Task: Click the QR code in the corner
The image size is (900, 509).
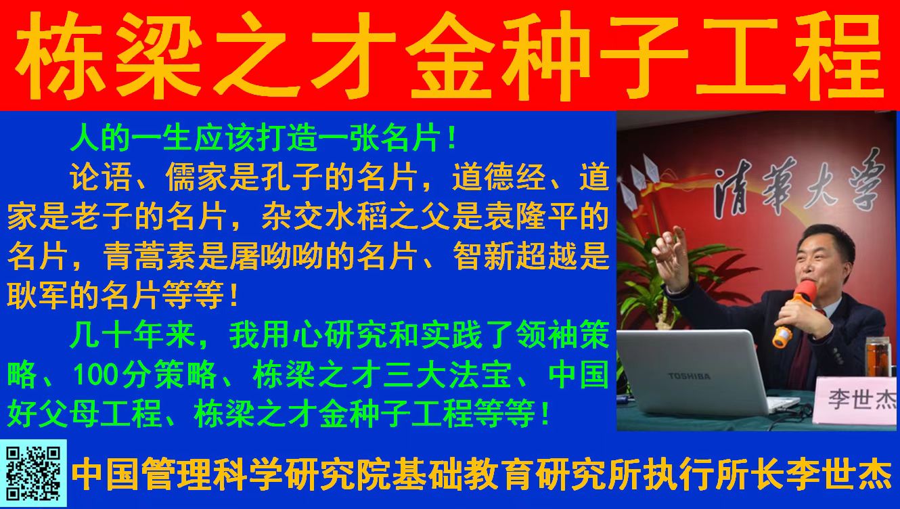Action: point(33,473)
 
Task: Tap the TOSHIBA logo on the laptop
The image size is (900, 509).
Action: point(689,376)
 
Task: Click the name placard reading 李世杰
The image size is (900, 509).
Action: point(857,400)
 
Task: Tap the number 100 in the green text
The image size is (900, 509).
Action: point(95,375)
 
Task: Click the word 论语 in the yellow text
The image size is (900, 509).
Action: point(101,177)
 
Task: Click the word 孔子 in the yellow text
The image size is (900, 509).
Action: point(292,177)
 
